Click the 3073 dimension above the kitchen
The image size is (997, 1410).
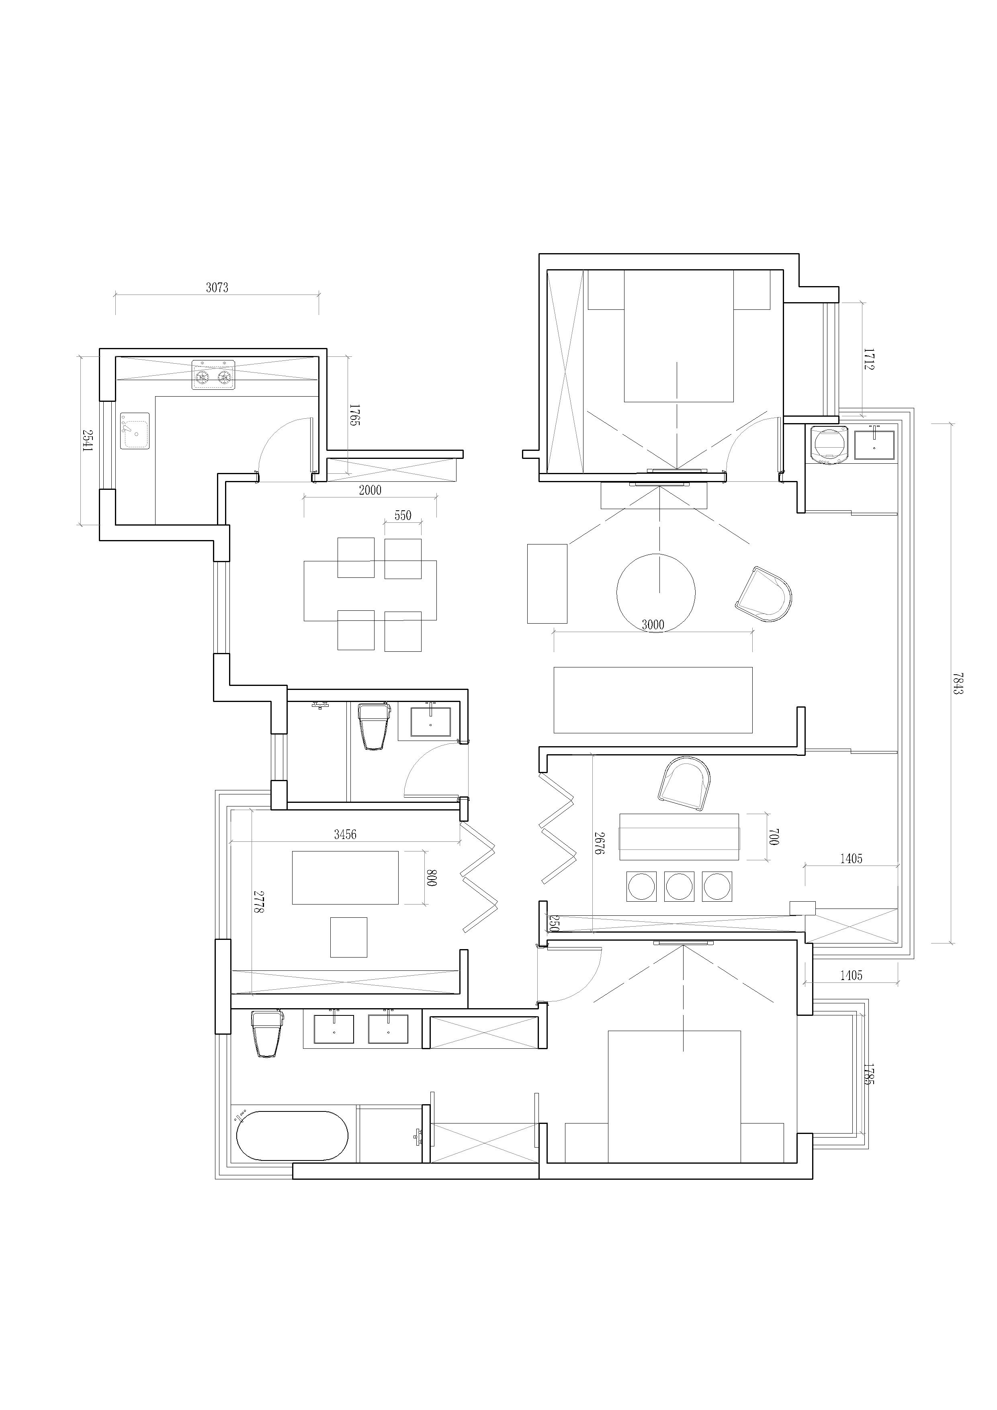pos(217,287)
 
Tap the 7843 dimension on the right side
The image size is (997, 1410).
pos(957,683)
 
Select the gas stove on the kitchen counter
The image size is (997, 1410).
pos(213,374)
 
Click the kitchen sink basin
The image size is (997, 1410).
pos(135,431)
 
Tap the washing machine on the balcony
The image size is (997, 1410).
pos(829,444)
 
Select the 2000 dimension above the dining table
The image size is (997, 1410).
pos(370,490)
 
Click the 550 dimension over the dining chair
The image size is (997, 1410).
pos(403,516)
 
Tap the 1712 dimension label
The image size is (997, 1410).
pos(869,359)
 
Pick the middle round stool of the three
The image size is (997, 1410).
pos(680,886)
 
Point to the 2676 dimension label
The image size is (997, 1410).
pos(600,843)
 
